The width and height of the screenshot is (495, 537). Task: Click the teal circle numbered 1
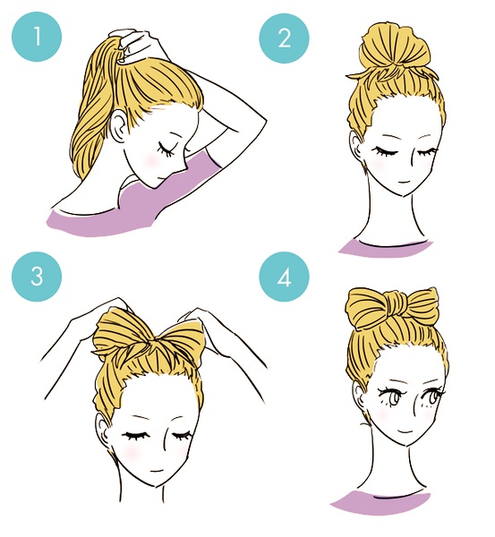tap(37, 37)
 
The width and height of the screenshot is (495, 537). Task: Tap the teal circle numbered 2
tap(285, 38)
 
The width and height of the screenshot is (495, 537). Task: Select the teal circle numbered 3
tap(37, 277)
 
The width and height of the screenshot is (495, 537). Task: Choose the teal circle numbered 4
tap(285, 277)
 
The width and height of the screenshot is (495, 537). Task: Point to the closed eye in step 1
tap(166, 149)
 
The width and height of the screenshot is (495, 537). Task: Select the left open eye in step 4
tap(390, 397)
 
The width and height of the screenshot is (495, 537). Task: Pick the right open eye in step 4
tap(431, 397)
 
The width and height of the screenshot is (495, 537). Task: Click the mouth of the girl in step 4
tap(405, 430)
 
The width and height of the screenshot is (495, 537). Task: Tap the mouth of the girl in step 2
tap(405, 181)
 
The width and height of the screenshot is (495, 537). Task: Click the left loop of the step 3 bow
tap(122, 335)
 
